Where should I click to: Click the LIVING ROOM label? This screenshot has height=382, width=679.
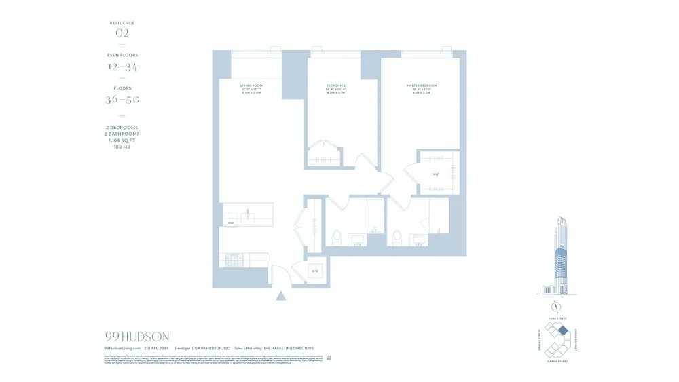pyautogui.click(x=251, y=85)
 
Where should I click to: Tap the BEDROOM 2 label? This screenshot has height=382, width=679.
pyautogui.click(x=337, y=85)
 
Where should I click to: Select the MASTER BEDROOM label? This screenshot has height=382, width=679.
pyautogui.click(x=422, y=85)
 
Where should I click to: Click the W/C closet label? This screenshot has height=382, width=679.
pyautogui.click(x=436, y=174)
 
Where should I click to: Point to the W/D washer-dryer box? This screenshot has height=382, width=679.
pyautogui.click(x=315, y=271)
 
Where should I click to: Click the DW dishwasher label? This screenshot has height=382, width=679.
pyautogui.click(x=231, y=223)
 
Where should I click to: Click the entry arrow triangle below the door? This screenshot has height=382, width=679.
pyautogui.click(x=280, y=295)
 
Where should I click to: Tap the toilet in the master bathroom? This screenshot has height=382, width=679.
pyautogui.click(x=396, y=237)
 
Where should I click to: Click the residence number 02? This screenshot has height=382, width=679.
pyautogui.click(x=122, y=32)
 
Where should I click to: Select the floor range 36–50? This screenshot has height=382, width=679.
pyautogui.click(x=122, y=99)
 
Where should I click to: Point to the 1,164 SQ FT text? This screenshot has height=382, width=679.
pyautogui.click(x=122, y=140)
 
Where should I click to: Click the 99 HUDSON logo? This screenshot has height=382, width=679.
pyautogui.click(x=137, y=337)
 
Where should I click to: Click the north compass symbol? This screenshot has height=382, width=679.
pyautogui.click(x=554, y=304)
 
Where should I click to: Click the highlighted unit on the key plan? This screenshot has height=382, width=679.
pyautogui.click(x=562, y=330)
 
